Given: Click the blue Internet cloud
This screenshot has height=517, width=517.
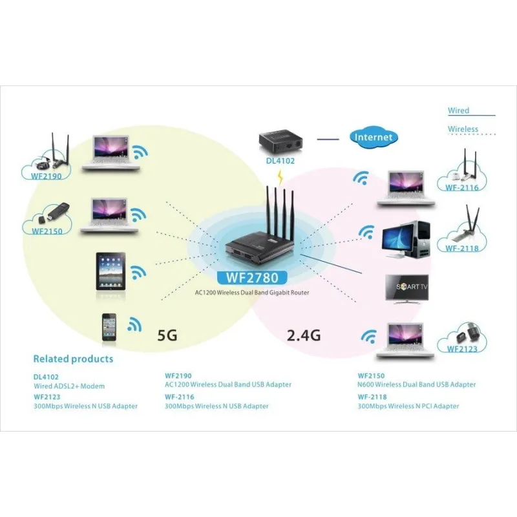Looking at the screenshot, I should point(374,137).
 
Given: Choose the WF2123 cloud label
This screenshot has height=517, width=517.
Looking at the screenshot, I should point(461,348).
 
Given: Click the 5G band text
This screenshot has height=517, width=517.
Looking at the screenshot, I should point(167,335).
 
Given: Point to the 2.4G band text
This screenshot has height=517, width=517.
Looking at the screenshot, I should point(303,335).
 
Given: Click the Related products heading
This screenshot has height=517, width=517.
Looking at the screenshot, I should point(73,359).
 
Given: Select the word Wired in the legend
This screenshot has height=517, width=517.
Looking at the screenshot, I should point(458,111).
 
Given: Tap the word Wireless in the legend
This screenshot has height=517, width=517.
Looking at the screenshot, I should point(463,129).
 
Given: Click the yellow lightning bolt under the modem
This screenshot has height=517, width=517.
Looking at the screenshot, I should point(280,175).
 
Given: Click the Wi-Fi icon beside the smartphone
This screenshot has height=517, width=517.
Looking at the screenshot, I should point(135,324).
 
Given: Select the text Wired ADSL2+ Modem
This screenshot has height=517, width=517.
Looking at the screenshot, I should point(69,386).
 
